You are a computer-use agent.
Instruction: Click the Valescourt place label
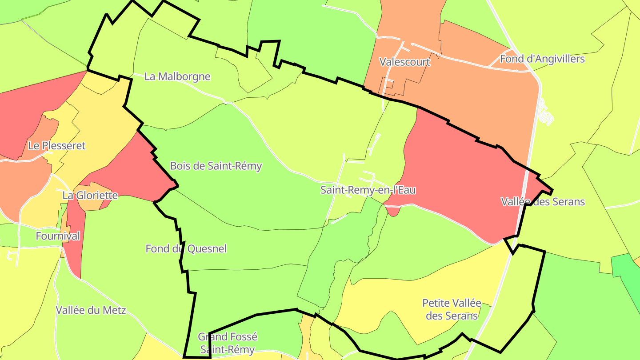click(x=404, y=62)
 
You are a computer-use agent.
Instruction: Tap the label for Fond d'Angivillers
click(x=542, y=59)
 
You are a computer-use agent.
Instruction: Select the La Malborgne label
click(x=177, y=76)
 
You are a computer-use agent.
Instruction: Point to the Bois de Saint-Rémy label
click(x=216, y=166)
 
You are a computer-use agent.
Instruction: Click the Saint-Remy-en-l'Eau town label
click(x=368, y=190)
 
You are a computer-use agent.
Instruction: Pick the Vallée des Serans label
click(x=543, y=202)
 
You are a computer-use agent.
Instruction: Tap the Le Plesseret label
click(x=57, y=145)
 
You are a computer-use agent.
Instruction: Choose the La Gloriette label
click(x=90, y=195)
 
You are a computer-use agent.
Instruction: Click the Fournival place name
click(x=58, y=236)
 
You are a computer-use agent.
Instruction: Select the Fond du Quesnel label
click(x=186, y=248)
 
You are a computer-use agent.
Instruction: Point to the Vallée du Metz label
click(x=91, y=310)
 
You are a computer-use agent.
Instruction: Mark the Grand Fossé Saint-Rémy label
click(x=228, y=343)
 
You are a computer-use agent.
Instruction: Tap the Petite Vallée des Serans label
click(x=452, y=309)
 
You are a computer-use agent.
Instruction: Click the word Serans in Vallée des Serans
click(x=568, y=202)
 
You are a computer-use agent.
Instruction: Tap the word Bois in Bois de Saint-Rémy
click(x=180, y=166)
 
